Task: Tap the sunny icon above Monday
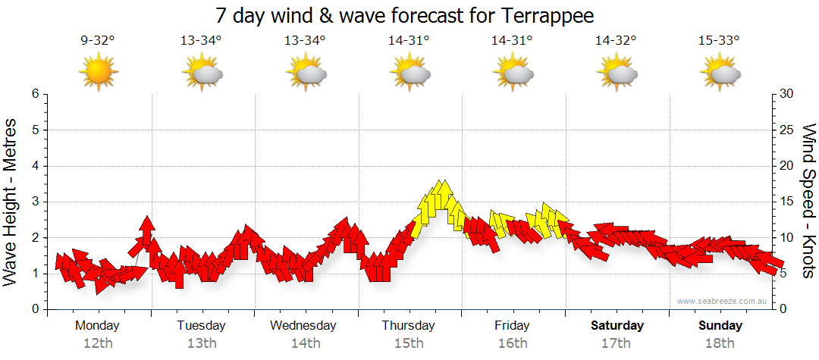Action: click(98, 73)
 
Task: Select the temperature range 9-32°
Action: click(98, 41)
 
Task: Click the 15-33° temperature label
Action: click(719, 41)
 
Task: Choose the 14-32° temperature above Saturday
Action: click(615, 41)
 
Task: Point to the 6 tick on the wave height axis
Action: click(35, 94)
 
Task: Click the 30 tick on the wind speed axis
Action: click(787, 94)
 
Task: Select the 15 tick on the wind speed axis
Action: click(787, 202)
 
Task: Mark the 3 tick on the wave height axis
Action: click(35, 202)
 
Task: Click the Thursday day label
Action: click(408, 326)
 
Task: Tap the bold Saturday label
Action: click(617, 326)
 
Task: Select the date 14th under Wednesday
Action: click(305, 343)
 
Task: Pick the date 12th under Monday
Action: click(98, 343)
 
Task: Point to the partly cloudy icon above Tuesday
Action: click(202, 73)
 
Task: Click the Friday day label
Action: click(512, 326)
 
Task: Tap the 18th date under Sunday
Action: click(720, 343)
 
